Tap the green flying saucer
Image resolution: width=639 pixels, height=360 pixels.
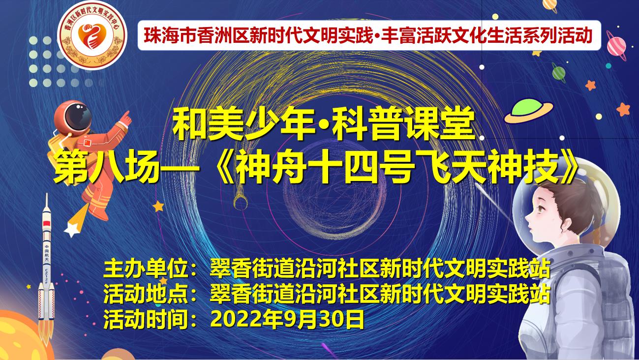[529, 110]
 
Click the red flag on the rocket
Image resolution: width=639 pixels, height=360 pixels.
[46, 223]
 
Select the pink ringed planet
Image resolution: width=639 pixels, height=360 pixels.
[616, 46]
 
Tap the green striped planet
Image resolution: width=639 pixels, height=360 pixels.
[558, 73]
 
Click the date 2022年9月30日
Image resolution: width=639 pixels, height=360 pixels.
[287, 320]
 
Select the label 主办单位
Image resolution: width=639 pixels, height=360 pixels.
[146, 269]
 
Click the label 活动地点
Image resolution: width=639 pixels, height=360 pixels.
[146, 294]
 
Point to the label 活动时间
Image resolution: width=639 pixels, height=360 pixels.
[146, 320]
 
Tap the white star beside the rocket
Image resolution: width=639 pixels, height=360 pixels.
[71, 229]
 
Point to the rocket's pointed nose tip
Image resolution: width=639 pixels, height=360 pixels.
[47, 194]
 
